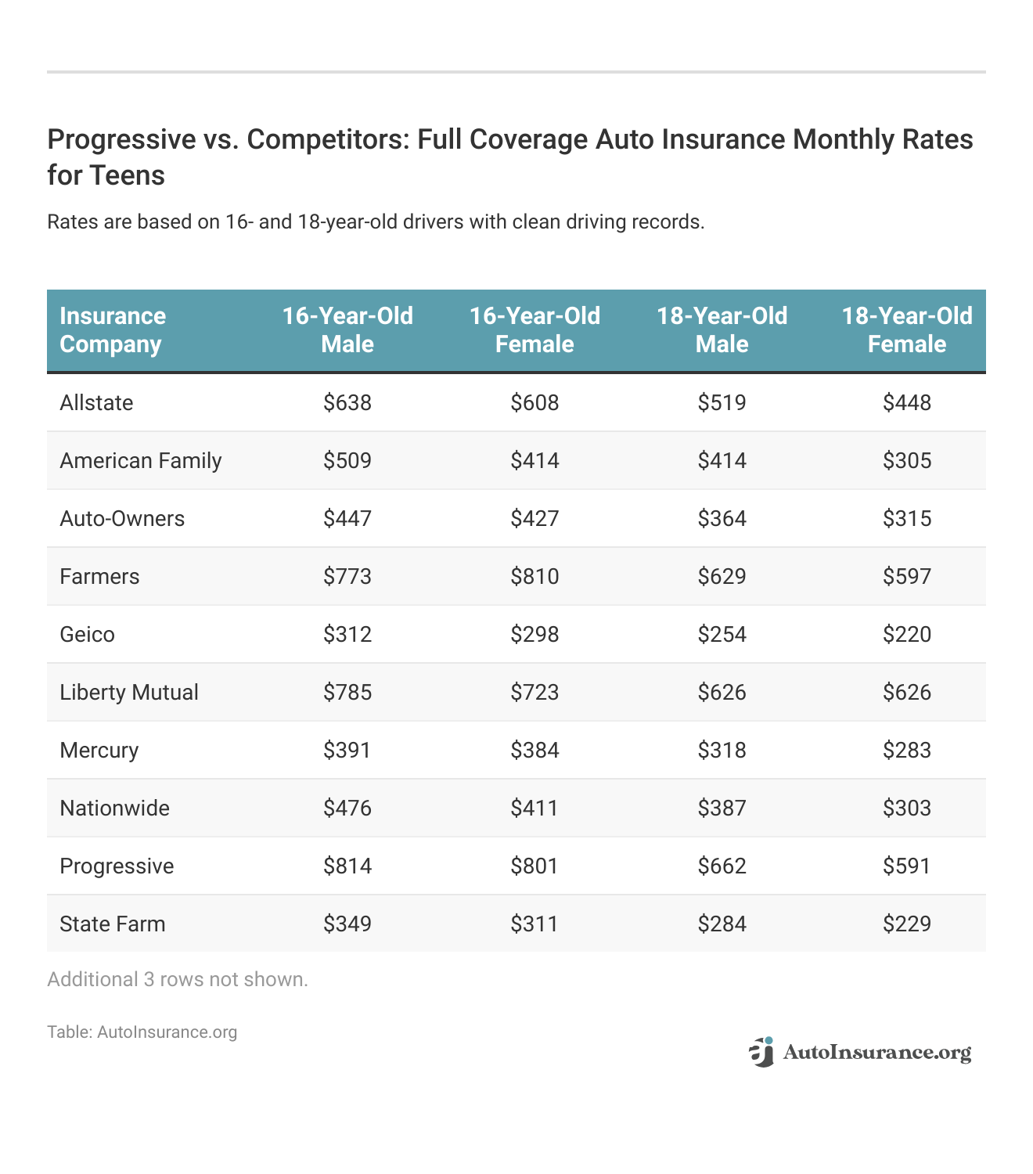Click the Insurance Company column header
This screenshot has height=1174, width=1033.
(113, 330)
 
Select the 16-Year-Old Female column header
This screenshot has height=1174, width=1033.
(534, 330)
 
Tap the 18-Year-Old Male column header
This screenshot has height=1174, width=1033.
(722, 330)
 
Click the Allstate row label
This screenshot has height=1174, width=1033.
(96, 403)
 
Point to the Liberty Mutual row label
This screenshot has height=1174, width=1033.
(129, 693)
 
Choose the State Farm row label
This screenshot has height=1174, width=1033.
(113, 924)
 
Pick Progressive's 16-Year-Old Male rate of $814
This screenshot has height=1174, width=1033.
(347, 866)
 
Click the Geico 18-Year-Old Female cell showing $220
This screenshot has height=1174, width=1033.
(907, 635)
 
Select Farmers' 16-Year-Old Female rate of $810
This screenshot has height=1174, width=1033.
(534, 577)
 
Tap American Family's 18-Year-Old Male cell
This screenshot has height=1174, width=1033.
(722, 461)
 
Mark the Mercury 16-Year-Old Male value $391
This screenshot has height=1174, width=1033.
(347, 751)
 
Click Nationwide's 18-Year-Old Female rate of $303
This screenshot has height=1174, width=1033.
(907, 808)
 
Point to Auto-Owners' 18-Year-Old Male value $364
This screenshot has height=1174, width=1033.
(722, 519)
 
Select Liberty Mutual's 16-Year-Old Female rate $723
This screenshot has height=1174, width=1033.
(534, 693)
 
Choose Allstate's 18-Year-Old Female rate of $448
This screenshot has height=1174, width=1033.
(907, 403)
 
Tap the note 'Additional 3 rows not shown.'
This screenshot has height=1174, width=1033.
(178, 980)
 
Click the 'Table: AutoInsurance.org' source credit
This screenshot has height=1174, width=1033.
(142, 1032)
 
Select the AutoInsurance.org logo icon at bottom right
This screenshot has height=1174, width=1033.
(761, 1053)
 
